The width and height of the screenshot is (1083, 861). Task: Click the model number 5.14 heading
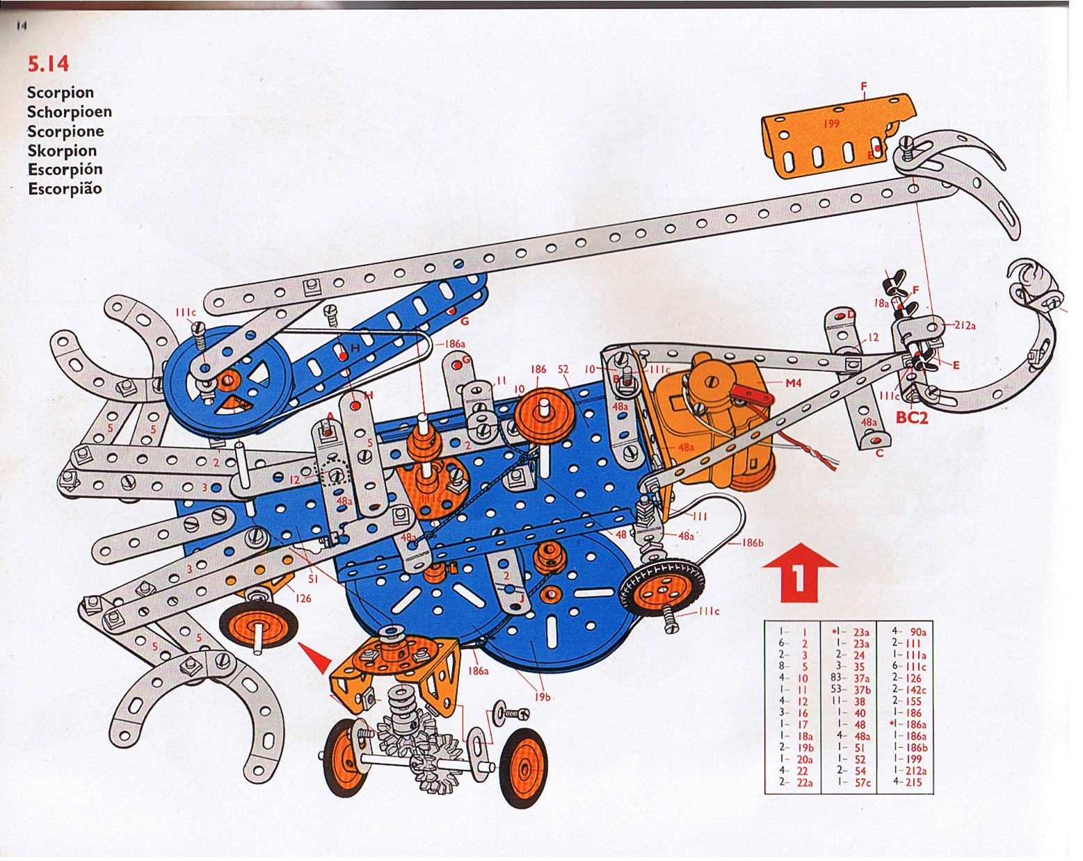point(48,64)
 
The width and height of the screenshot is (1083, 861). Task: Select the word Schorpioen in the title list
point(69,112)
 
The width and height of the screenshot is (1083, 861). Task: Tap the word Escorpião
point(65,189)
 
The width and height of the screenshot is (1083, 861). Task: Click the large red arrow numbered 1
point(799,571)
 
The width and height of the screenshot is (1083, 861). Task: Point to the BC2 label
point(913,418)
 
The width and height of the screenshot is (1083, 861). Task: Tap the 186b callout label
point(753,543)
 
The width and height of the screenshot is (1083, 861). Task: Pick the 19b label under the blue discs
point(543,696)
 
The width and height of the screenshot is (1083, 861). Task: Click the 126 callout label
point(303,598)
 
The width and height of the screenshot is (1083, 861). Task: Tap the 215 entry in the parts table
point(913,782)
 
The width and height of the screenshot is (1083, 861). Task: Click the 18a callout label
point(881,303)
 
